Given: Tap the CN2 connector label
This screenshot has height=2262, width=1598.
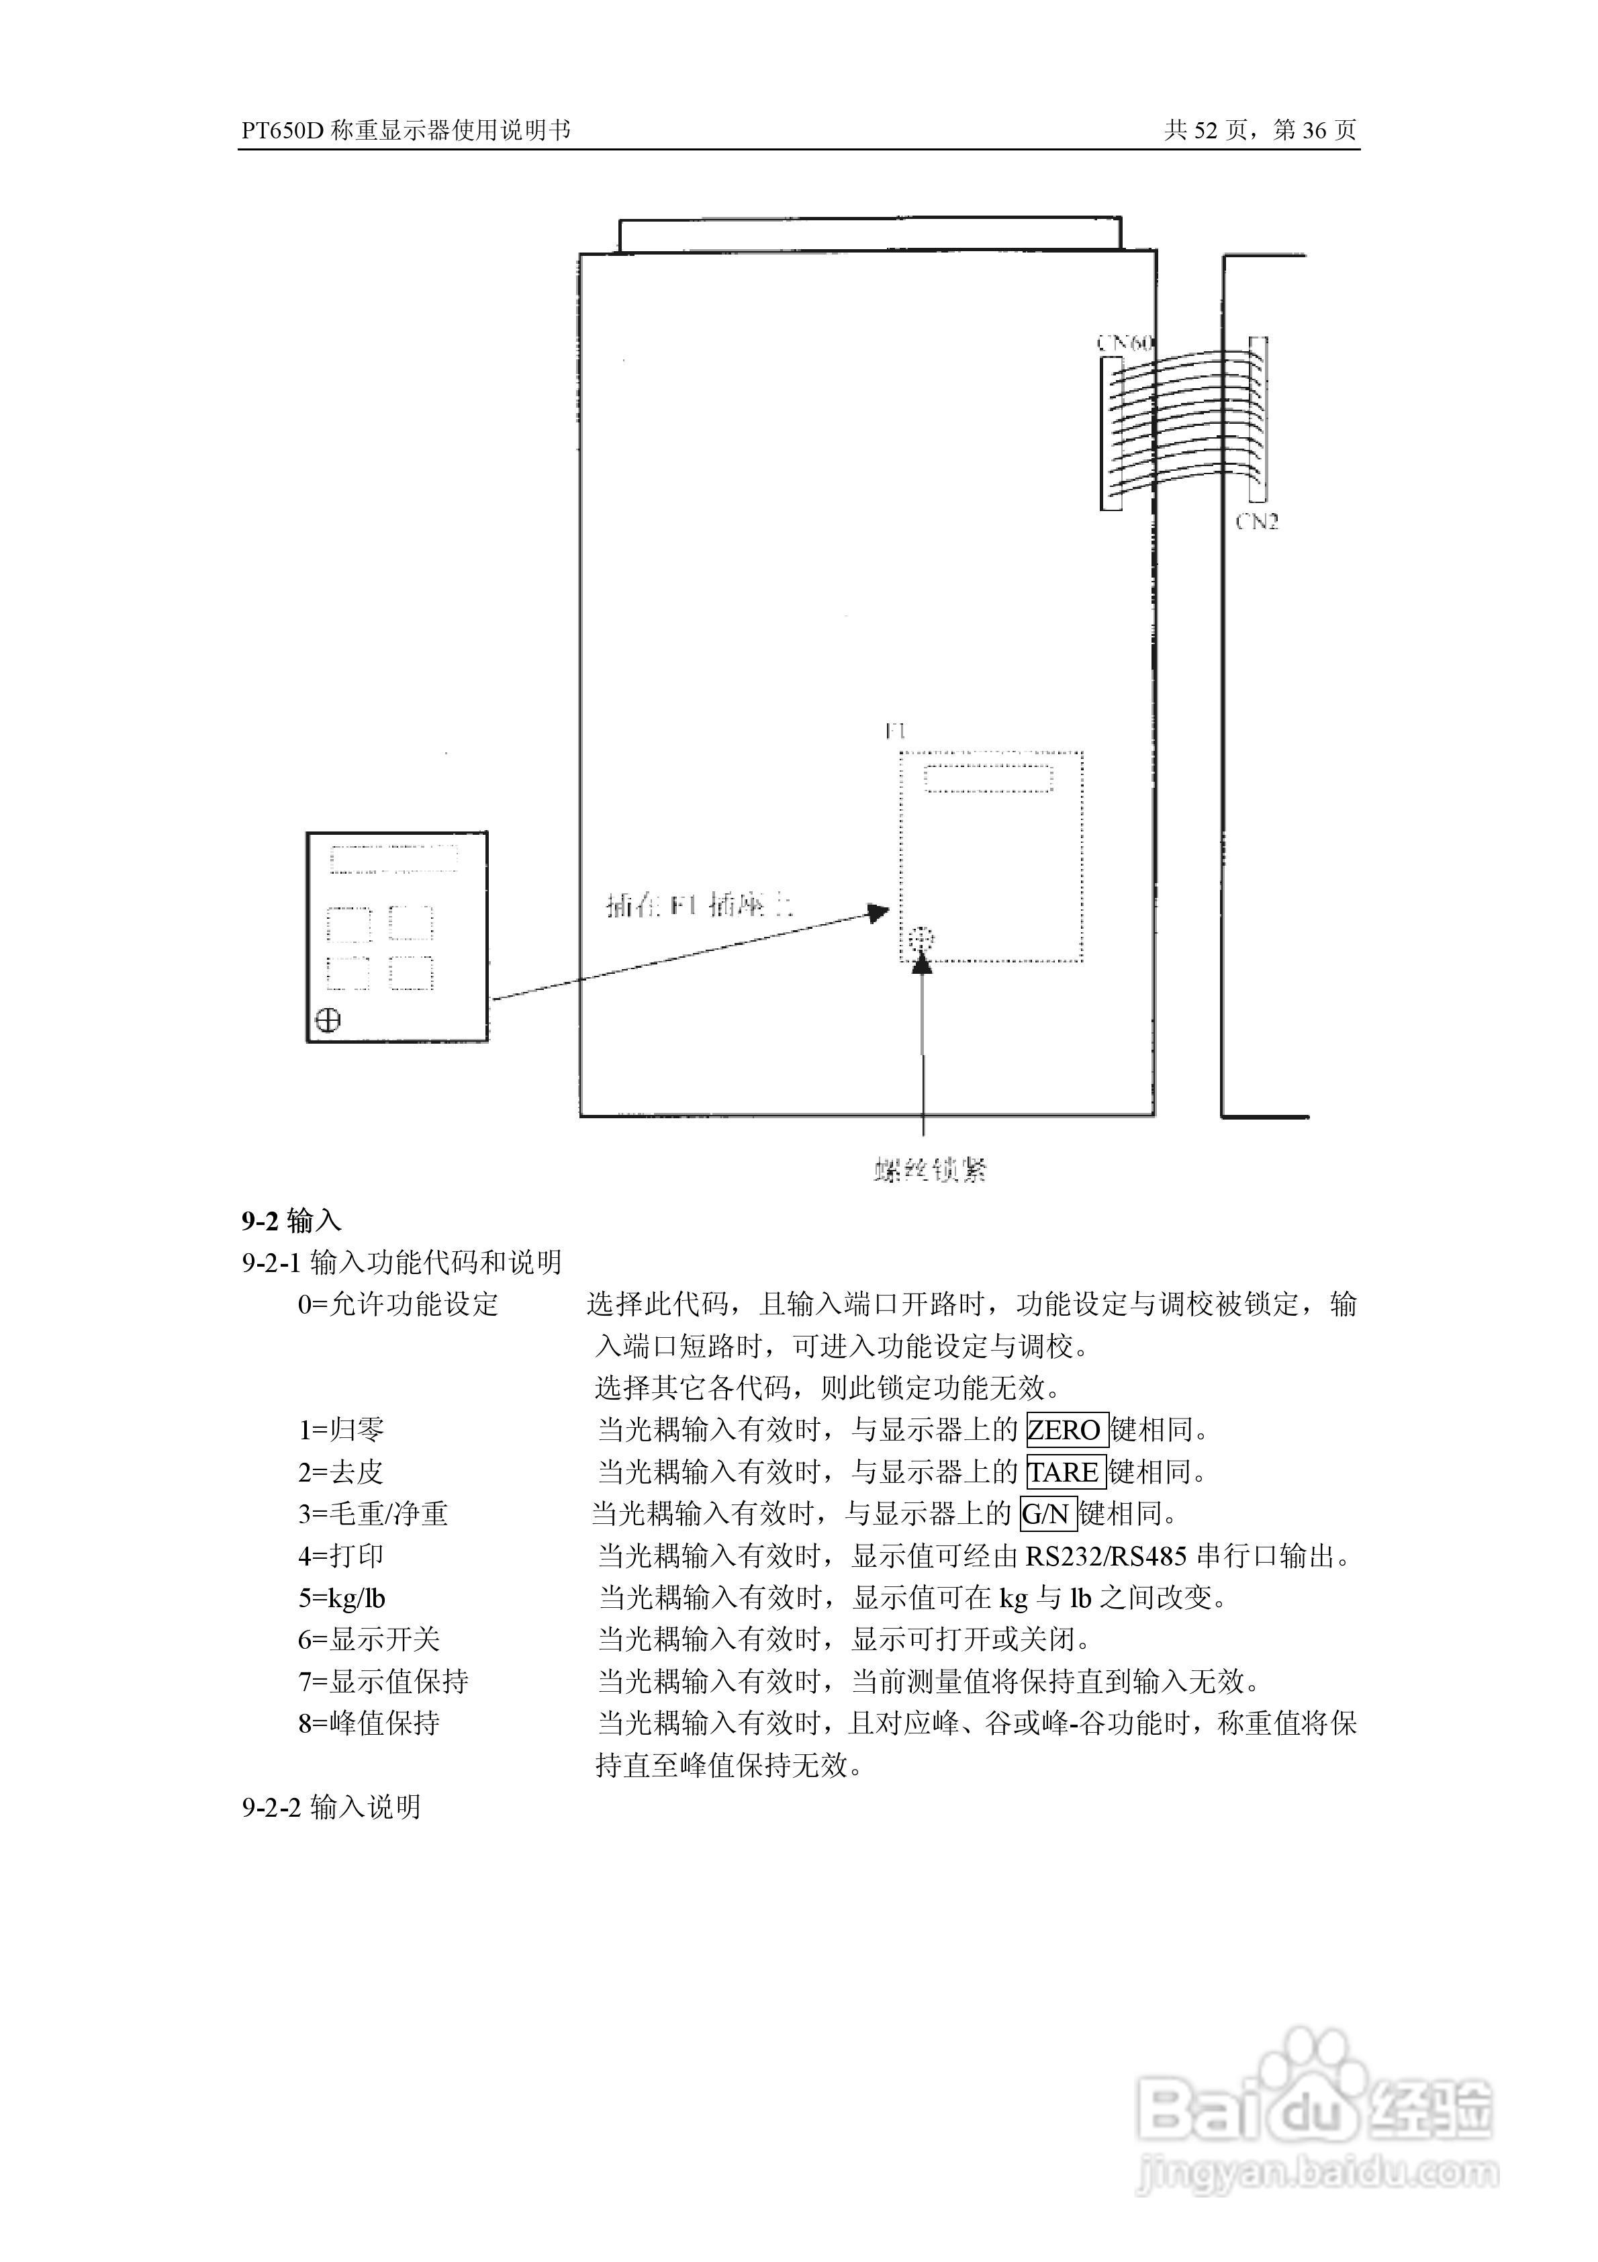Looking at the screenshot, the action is point(1257,522).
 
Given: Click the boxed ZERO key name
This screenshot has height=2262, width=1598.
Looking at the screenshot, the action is point(1066,1429).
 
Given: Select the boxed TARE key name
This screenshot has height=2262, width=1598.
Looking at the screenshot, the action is point(1064,1472).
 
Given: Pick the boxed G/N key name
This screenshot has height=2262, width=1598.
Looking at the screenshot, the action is point(1047,1513).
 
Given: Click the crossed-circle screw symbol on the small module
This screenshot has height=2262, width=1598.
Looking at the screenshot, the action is point(328,1020).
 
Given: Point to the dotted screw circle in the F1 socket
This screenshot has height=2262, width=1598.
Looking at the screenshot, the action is point(921,940).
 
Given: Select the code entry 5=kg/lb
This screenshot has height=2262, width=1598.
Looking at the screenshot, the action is point(342,1598).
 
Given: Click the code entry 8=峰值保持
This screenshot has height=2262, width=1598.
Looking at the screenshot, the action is point(369,1723).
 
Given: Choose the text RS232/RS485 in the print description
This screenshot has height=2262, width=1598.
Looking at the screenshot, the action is point(1105,1557).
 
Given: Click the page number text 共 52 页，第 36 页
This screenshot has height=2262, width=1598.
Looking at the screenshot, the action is point(1260,130).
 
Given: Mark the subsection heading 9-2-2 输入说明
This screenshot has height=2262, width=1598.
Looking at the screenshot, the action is point(332,1807).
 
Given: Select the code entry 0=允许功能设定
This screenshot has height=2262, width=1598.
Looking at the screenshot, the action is point(399,1304).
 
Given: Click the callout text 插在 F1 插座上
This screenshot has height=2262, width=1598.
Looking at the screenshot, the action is point(698,905).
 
